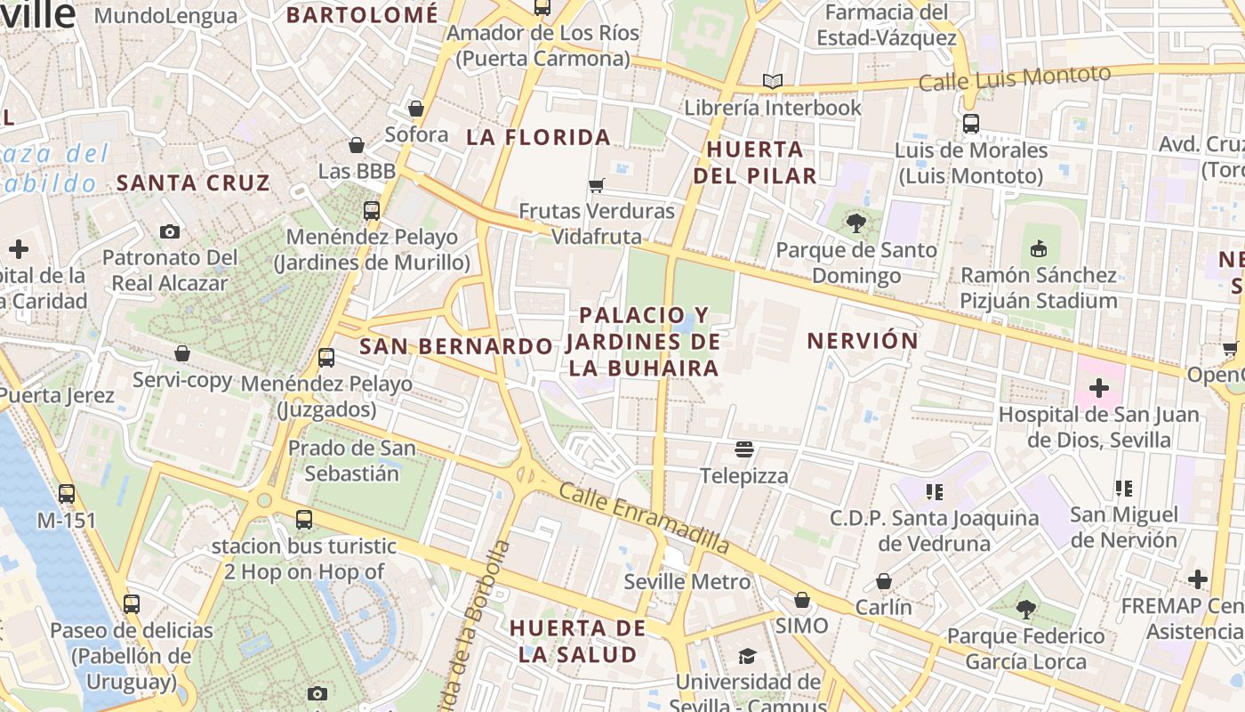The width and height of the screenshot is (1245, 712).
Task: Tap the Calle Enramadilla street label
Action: (x=645, y=519)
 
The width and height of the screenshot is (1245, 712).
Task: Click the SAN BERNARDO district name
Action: (x=455, y=346)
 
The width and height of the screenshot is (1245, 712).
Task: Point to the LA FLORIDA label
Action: (x=539, y=137)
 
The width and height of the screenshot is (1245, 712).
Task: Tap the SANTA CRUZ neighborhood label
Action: (x=193, y=183)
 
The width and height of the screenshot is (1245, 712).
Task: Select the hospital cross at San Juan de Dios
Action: (x=1099, y=388)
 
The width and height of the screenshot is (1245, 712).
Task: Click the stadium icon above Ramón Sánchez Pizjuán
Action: (x=1038, y=248)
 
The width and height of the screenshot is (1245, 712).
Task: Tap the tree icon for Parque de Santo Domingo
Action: (x=856, y=223)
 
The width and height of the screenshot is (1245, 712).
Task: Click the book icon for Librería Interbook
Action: (x=773, y=82)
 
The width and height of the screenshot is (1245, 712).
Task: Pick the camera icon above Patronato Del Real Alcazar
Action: (x=170, y=231)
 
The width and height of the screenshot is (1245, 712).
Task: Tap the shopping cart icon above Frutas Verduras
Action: (x=597, y=185)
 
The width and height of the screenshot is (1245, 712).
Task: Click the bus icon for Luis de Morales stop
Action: (x=971, y=124)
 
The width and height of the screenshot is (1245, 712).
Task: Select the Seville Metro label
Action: (x=687, y=582)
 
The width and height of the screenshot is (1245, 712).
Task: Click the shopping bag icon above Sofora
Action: (x=415, y=109)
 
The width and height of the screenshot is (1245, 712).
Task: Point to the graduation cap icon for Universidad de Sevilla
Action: (x=747, y=657)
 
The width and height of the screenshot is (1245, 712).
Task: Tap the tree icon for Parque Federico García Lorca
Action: (x=1025, y=610)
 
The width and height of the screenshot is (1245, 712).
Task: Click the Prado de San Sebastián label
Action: (x=352, y=460)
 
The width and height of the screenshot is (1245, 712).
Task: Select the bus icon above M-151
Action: (x=67, y=493)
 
